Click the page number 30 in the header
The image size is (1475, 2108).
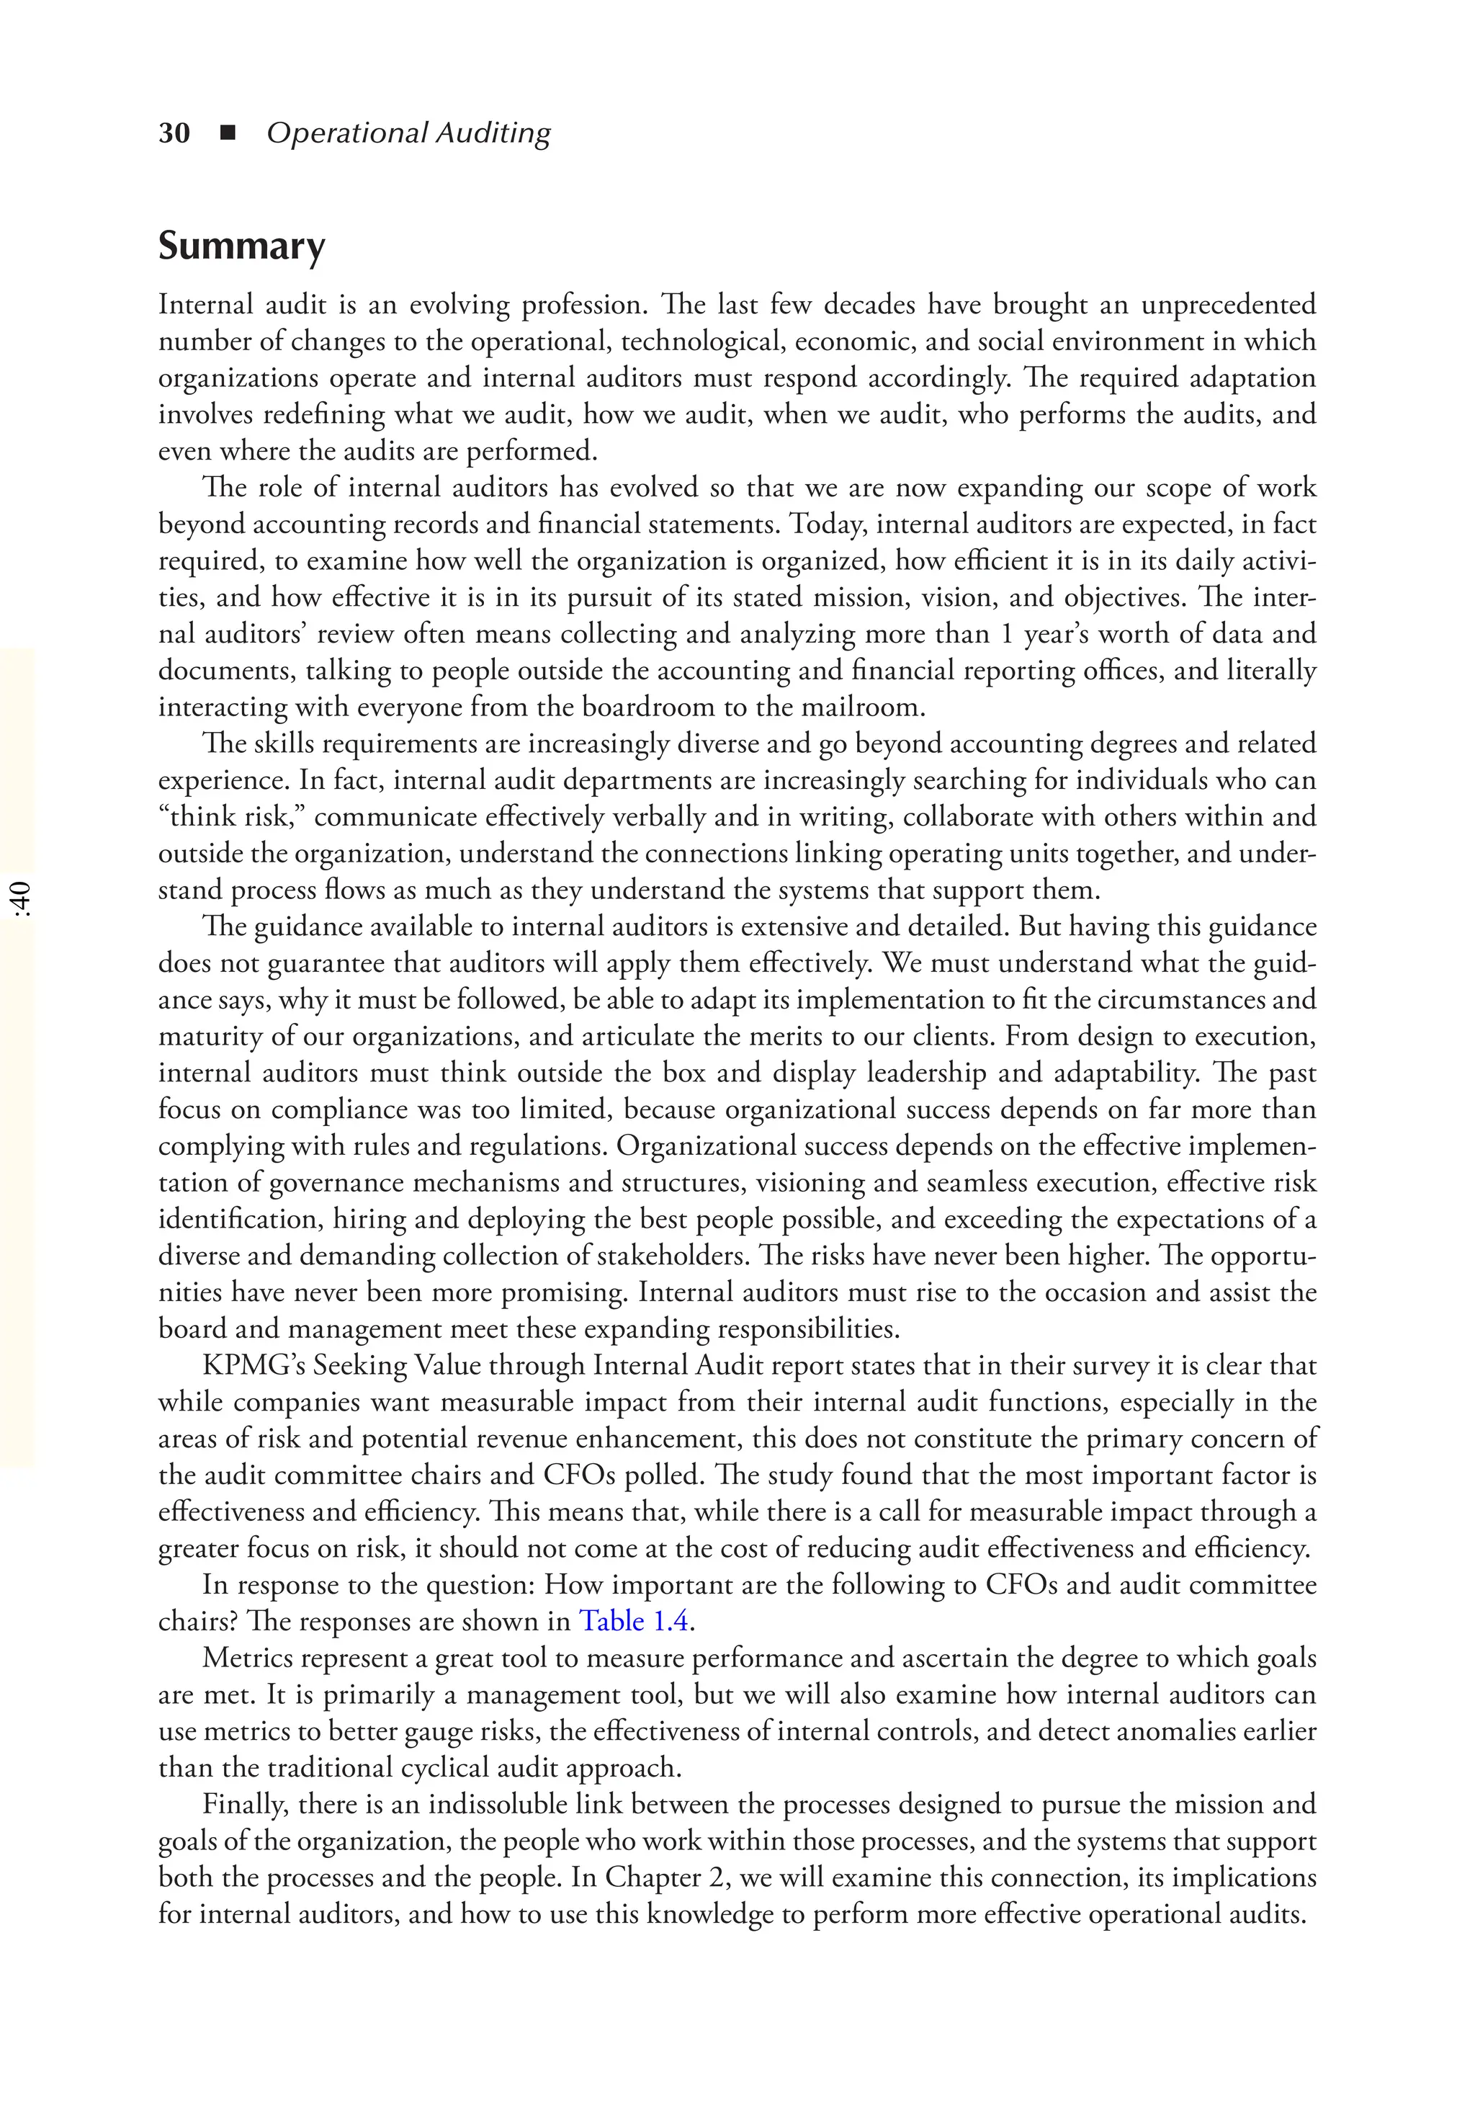[174, 133]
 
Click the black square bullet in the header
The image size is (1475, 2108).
[228, 133]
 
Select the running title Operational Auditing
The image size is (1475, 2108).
[408, 133]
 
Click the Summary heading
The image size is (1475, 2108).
[241, 246]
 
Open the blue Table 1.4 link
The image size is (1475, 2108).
[633, 1622]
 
